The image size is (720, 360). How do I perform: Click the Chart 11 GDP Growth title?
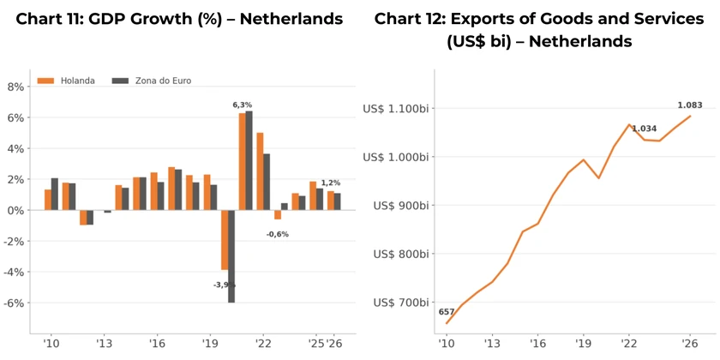(179, 19)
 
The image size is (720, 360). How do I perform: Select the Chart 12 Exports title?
(539, 30)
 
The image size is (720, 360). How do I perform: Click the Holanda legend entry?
(66, 81)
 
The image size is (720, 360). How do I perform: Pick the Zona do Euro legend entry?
(152, 81)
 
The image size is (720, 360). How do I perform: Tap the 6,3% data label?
(242, 105)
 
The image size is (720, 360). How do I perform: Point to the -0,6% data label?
(278, 234)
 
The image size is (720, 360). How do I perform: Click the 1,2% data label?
(331, 183)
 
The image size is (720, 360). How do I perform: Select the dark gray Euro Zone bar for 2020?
(231, 256)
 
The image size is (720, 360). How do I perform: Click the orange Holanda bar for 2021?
(242, 162)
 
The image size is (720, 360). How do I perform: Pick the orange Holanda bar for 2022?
(260, 171)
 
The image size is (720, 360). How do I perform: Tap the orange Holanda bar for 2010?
(48, 200)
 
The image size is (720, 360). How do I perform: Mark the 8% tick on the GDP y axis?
(16, 87)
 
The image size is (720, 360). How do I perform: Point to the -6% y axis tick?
(15, 303)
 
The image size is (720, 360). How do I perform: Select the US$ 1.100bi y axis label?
(396, 108)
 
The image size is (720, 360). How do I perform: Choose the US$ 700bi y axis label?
(401, 302)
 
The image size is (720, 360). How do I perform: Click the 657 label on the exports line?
(447, 312)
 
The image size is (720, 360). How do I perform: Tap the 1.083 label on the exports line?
(690, 105)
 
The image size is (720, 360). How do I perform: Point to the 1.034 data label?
(645, 129)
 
